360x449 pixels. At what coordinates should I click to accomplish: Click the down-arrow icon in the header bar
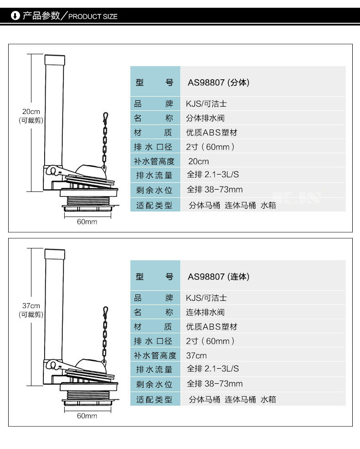coord(15,16)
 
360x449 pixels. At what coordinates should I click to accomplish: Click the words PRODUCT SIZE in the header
coord(93,17)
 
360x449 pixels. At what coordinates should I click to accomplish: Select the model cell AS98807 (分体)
coord(219,83)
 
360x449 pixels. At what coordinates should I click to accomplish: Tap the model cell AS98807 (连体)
coord(219,277)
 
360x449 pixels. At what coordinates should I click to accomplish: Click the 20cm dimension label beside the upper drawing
coord(31,112)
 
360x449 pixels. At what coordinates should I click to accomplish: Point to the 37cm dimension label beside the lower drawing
coord(31,305)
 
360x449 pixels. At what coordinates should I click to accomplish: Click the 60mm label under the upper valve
coord(87,222)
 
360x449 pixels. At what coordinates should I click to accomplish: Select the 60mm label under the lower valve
coord(87,416)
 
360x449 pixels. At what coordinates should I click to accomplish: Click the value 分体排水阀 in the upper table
coord(205,119)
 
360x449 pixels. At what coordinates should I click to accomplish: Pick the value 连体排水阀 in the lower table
coord(205,313)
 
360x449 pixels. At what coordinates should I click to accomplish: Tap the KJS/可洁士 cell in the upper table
coord(206,104)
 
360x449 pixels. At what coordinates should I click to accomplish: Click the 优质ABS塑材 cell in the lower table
coord(211,327)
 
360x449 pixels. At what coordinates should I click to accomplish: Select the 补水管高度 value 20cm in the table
coord(199,161)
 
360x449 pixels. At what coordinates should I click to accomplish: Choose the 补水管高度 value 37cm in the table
coord(196,356)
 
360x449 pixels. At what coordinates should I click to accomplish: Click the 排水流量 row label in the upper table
coord(154,175)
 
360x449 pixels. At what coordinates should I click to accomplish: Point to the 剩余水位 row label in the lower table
coord(154,384)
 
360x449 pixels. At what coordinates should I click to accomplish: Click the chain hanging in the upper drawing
coord(105,141)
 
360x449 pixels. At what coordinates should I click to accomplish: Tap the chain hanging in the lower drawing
coord(105,335)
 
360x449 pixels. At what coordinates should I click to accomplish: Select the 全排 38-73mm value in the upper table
coord(215,190)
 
